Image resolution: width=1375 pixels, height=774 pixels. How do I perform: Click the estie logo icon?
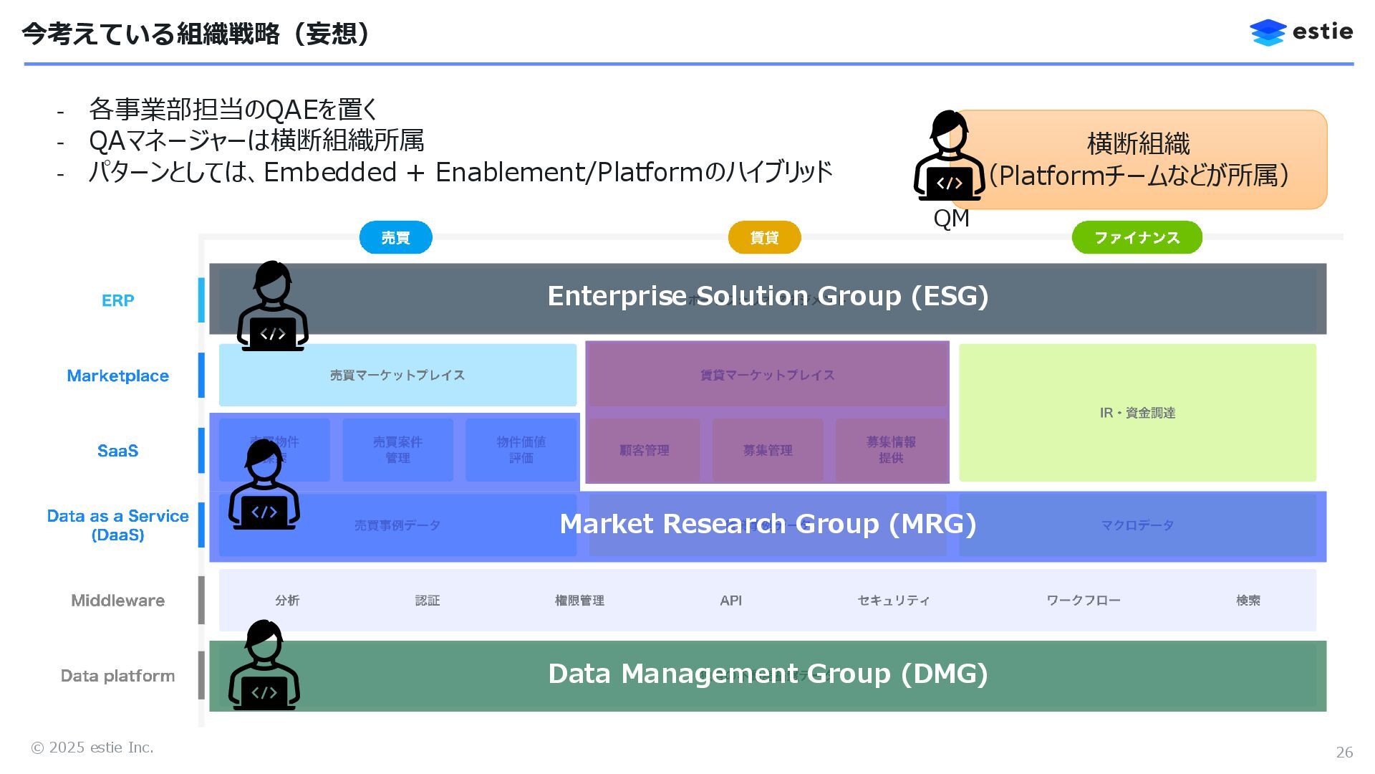(x=1268, y=32)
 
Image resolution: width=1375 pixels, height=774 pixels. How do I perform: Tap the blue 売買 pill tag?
(x=395, y=237)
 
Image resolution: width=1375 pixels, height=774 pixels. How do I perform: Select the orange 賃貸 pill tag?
(x=764, y=237)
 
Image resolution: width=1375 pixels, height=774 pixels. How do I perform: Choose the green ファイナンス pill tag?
(x=1137, y=237)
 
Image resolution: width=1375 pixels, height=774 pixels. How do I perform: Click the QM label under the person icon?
(x=951, y=219)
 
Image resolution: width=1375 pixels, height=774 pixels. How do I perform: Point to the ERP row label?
(x=117, y=300)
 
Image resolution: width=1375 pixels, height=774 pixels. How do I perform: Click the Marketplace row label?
(x=117, y=376)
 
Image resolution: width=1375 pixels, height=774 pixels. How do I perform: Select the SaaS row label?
(x=117, y=451)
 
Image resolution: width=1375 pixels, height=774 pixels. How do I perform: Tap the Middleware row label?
(x=117, y=601)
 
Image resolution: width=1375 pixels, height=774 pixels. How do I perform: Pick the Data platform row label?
(x=117, y=676)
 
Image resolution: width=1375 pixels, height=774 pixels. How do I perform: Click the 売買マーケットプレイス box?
(x=397, y=375)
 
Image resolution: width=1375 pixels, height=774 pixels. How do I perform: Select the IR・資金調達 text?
(x=1137, y=413)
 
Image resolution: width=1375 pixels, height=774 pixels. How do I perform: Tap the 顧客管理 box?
(x=644, y=450)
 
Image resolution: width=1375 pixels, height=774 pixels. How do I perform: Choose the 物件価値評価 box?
(x=521, y=450)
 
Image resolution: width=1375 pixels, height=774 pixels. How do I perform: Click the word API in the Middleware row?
(x=730, y=601)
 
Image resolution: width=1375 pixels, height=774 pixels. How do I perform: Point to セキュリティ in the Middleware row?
(x=893, y=601)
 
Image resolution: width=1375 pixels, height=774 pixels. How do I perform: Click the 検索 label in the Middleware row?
(x=1248, y=601)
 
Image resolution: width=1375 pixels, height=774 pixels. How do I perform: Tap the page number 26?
(x=1344, y=752)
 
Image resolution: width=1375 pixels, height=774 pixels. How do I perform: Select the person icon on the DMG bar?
(x=264, y=666)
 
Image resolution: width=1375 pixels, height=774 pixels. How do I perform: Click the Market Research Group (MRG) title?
(x=768, y=524)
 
